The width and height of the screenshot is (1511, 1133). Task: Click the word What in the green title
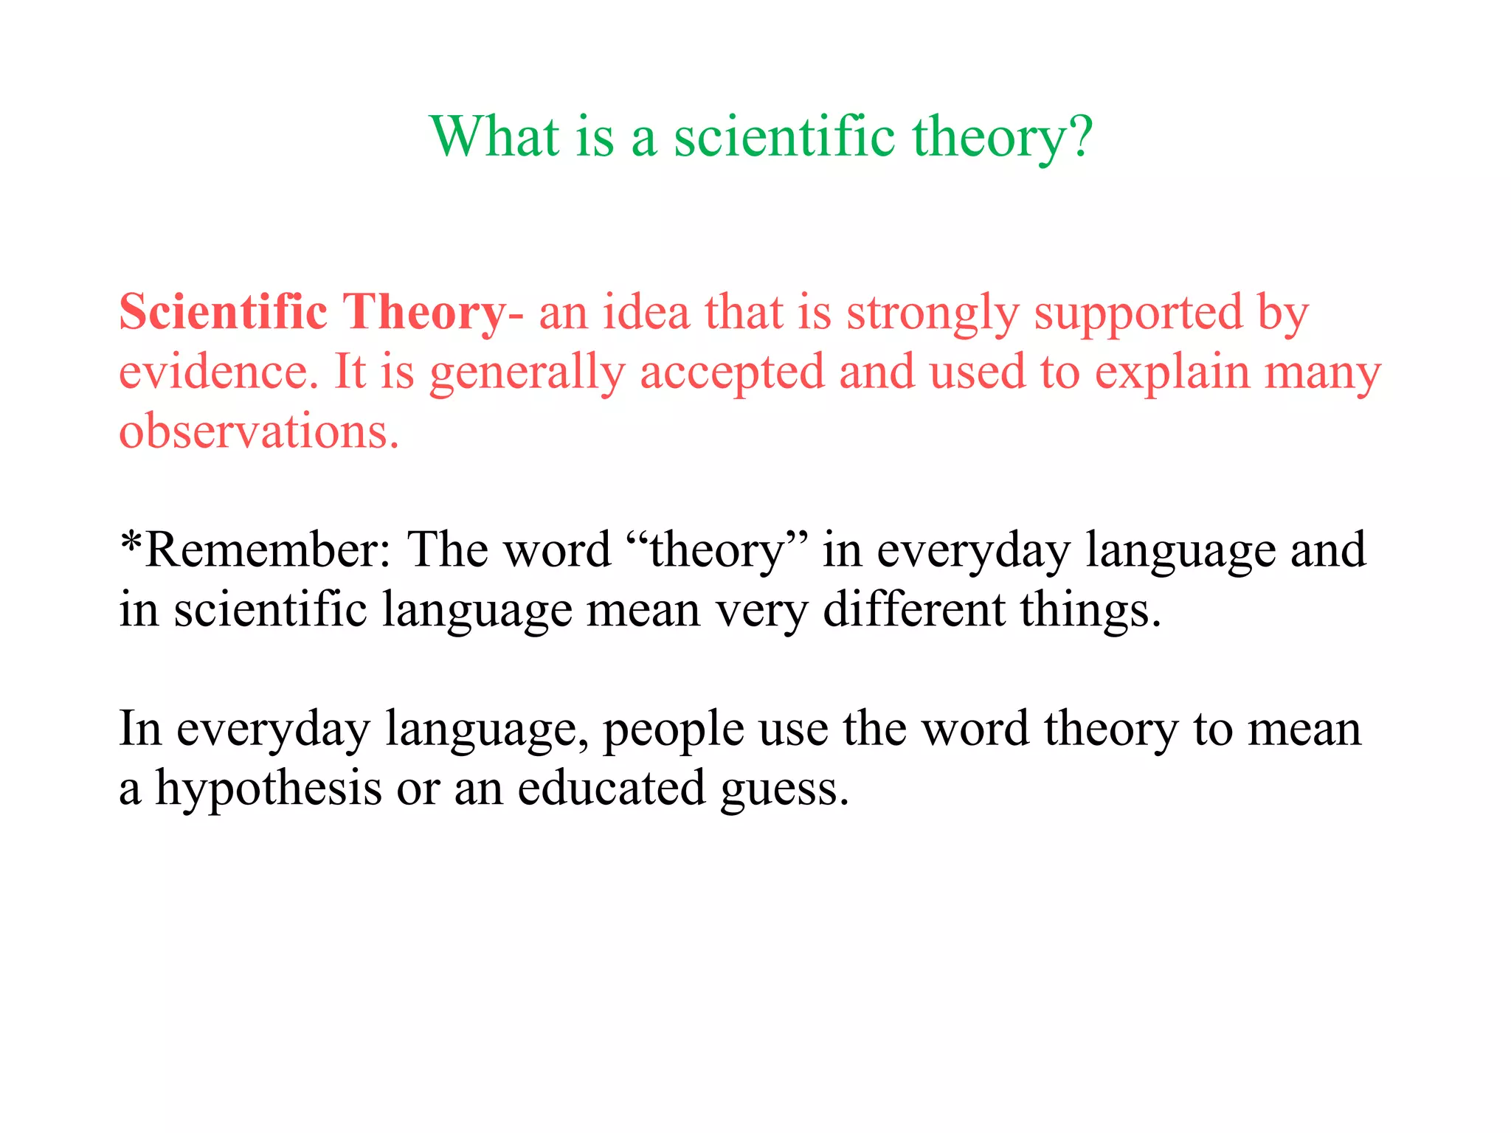point(495,137)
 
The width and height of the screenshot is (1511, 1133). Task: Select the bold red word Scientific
point(223,312)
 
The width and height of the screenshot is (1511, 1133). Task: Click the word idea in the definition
point(646,312)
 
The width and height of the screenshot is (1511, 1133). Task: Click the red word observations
point(258,432)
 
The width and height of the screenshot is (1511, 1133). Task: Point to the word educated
point(612,789)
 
